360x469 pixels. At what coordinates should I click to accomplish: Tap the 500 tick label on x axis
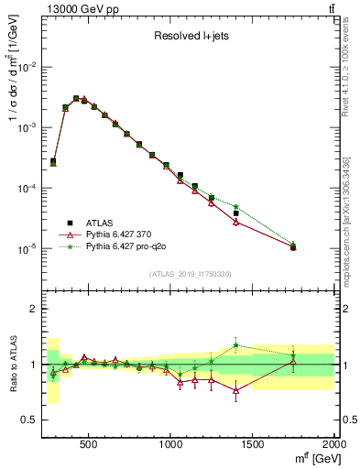click(x=89, y=444)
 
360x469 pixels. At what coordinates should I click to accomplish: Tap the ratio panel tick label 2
click(x=34, y=309)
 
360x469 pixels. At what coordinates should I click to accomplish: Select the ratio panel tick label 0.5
click(x=30, y=420)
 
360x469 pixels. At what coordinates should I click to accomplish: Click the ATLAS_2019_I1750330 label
click(x=190, y=274)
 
